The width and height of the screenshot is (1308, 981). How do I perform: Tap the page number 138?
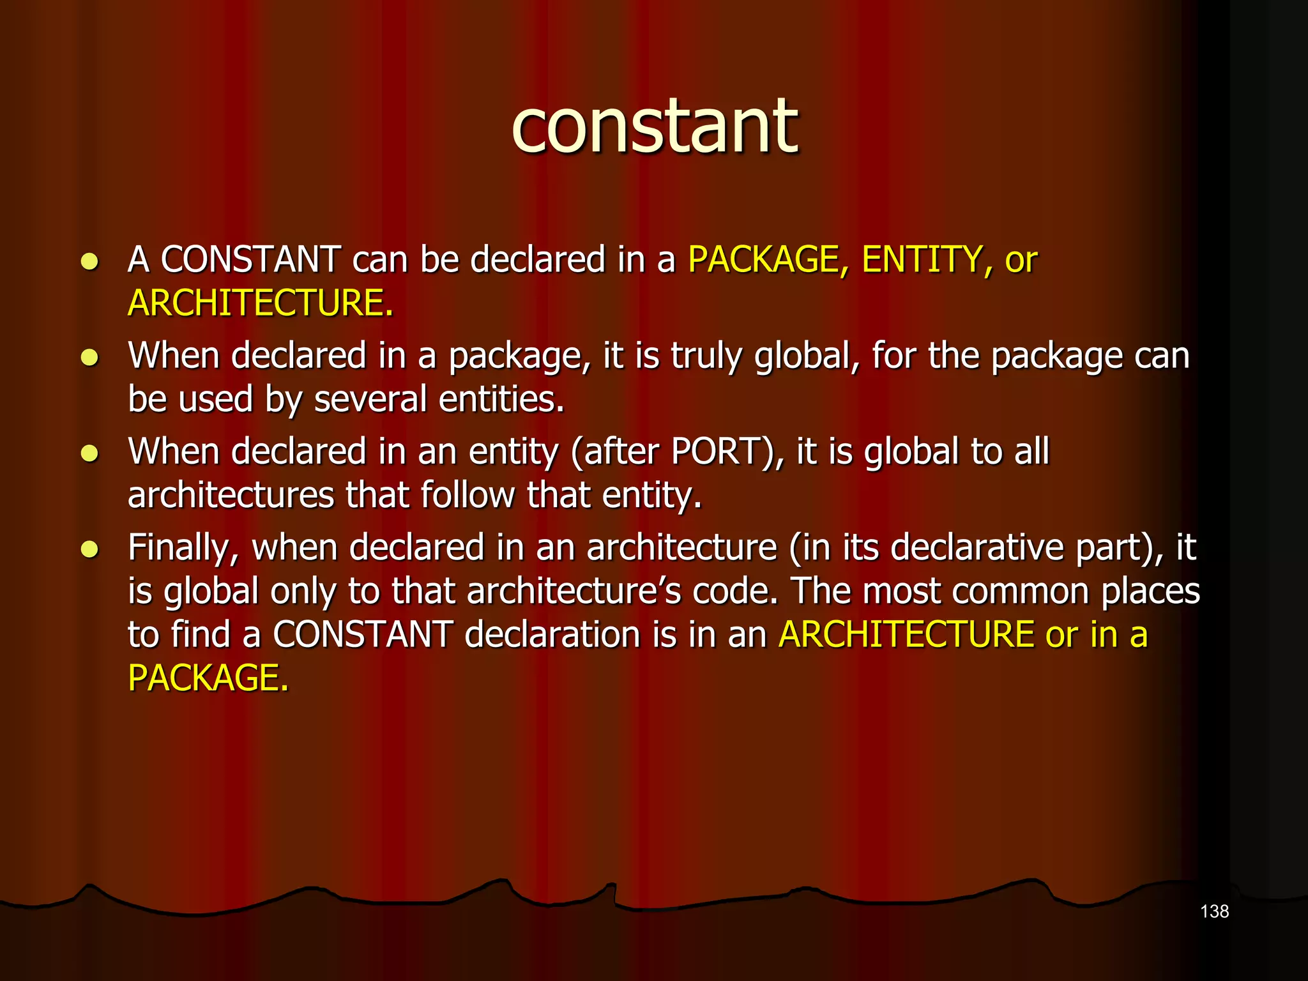tap(1214, 911)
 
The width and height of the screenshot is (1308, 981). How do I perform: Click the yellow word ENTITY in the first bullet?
tap(922, 260)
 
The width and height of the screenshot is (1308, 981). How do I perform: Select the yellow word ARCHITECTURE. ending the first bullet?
tap(260, 303)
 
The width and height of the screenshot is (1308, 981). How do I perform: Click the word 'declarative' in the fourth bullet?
tap(977, 547)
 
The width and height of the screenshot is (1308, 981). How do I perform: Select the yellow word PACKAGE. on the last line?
tap(208, 678)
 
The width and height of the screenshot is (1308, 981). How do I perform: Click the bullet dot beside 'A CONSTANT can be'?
tap(89, 261)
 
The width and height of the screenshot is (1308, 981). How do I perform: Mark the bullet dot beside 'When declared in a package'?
tap(89, 357)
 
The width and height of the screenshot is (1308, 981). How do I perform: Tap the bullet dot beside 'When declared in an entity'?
tap(89, 453)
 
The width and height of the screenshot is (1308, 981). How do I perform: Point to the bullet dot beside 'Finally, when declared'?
tap(89, 549)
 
